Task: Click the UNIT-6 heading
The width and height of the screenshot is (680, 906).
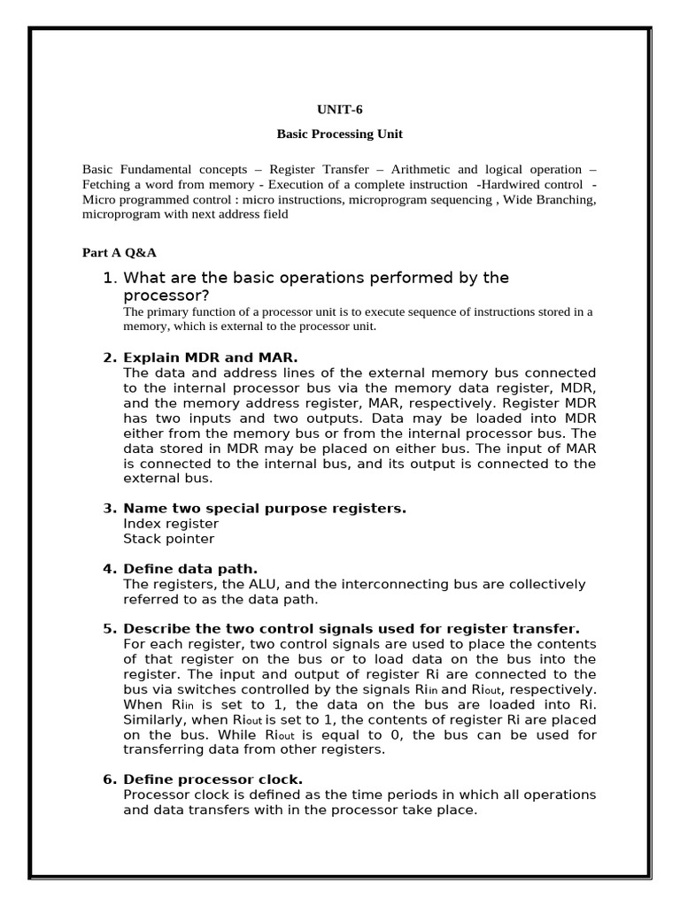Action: click(x=340, y=110)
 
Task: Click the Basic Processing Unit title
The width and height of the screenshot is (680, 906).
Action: click(x=340, y=134)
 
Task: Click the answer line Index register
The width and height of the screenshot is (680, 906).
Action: click(x=171, y=523)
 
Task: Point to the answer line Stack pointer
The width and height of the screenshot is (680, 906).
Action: click(x=168, y=538)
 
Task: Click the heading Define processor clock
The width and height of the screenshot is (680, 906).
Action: click(x=212, y=779)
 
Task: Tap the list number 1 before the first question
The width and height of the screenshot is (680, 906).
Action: click(x=110, y=278)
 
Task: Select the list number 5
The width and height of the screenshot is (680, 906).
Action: click(x=110, y=628)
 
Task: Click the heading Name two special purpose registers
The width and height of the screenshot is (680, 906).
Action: click(x=265, y=508)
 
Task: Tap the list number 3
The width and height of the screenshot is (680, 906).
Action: click(x=110, y=508)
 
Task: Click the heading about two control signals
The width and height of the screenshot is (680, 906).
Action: click(x=352, y=628)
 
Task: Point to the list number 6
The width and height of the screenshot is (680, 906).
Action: click(x=110, y=779)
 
